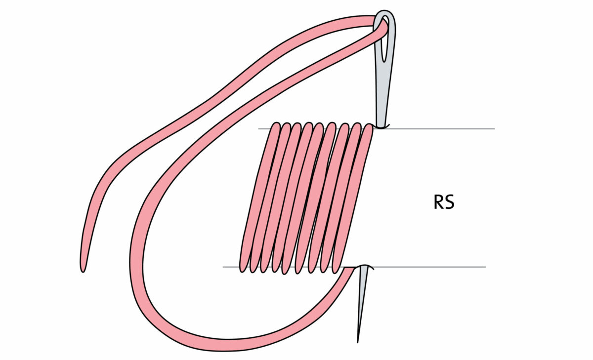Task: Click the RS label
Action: (x=443, y=203)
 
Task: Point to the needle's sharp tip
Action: (x=358, y=341)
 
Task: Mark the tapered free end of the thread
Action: (x=83, y=267)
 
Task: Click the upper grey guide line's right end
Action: (x=493, y=129)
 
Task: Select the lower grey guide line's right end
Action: (x=484, y=267)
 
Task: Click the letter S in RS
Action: (x=449, y=203)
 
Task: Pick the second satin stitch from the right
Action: (x=341, y=198)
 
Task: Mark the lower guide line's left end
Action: (x=224, y=267)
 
